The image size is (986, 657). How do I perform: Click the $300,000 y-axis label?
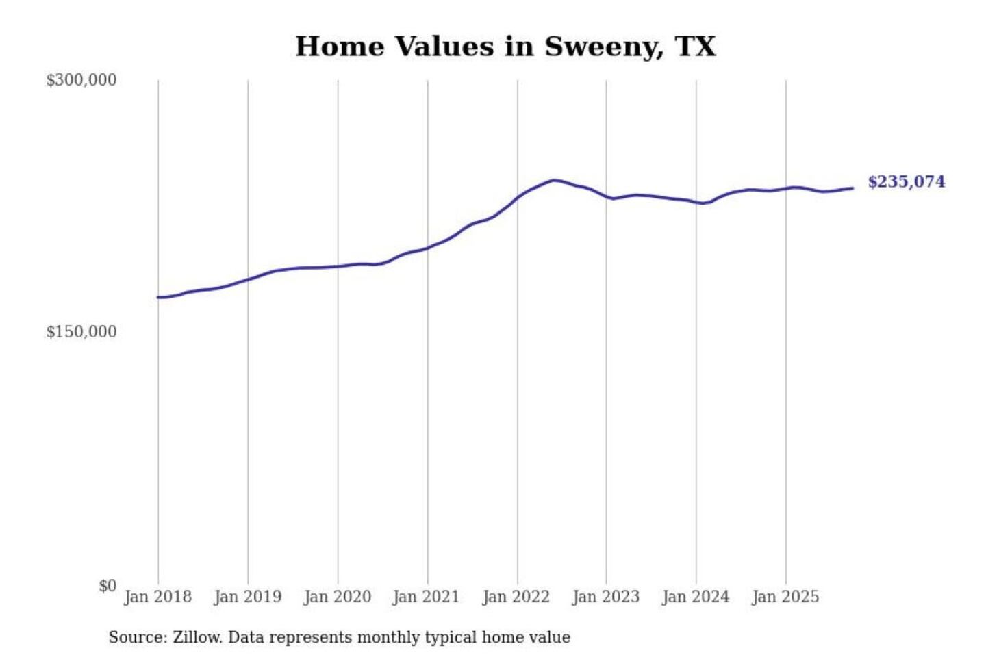[81, 80]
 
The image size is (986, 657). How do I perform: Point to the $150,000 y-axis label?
[81, 332]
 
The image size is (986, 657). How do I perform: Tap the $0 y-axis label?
[108, 586]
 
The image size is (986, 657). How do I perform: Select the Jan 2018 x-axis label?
[157, 597]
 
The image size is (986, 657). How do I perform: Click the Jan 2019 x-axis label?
[247, 597]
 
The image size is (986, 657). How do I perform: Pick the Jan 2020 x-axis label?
[337, 597]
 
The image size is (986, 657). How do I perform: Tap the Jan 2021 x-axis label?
[426, 597]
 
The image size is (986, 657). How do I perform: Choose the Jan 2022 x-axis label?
[516, 597]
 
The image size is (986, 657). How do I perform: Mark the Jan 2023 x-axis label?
[605, 597]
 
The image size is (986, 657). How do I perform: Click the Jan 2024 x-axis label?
[695, 597]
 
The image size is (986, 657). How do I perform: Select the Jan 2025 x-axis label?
[785, 597]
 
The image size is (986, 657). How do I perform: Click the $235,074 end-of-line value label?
[906, 182]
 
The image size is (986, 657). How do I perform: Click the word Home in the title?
[340, 47]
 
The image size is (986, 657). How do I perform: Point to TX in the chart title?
[695, 47]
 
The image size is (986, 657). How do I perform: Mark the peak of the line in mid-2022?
[553, 180]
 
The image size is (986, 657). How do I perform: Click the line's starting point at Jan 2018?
[158, 297]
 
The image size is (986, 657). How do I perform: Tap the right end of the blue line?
[852, 188]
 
